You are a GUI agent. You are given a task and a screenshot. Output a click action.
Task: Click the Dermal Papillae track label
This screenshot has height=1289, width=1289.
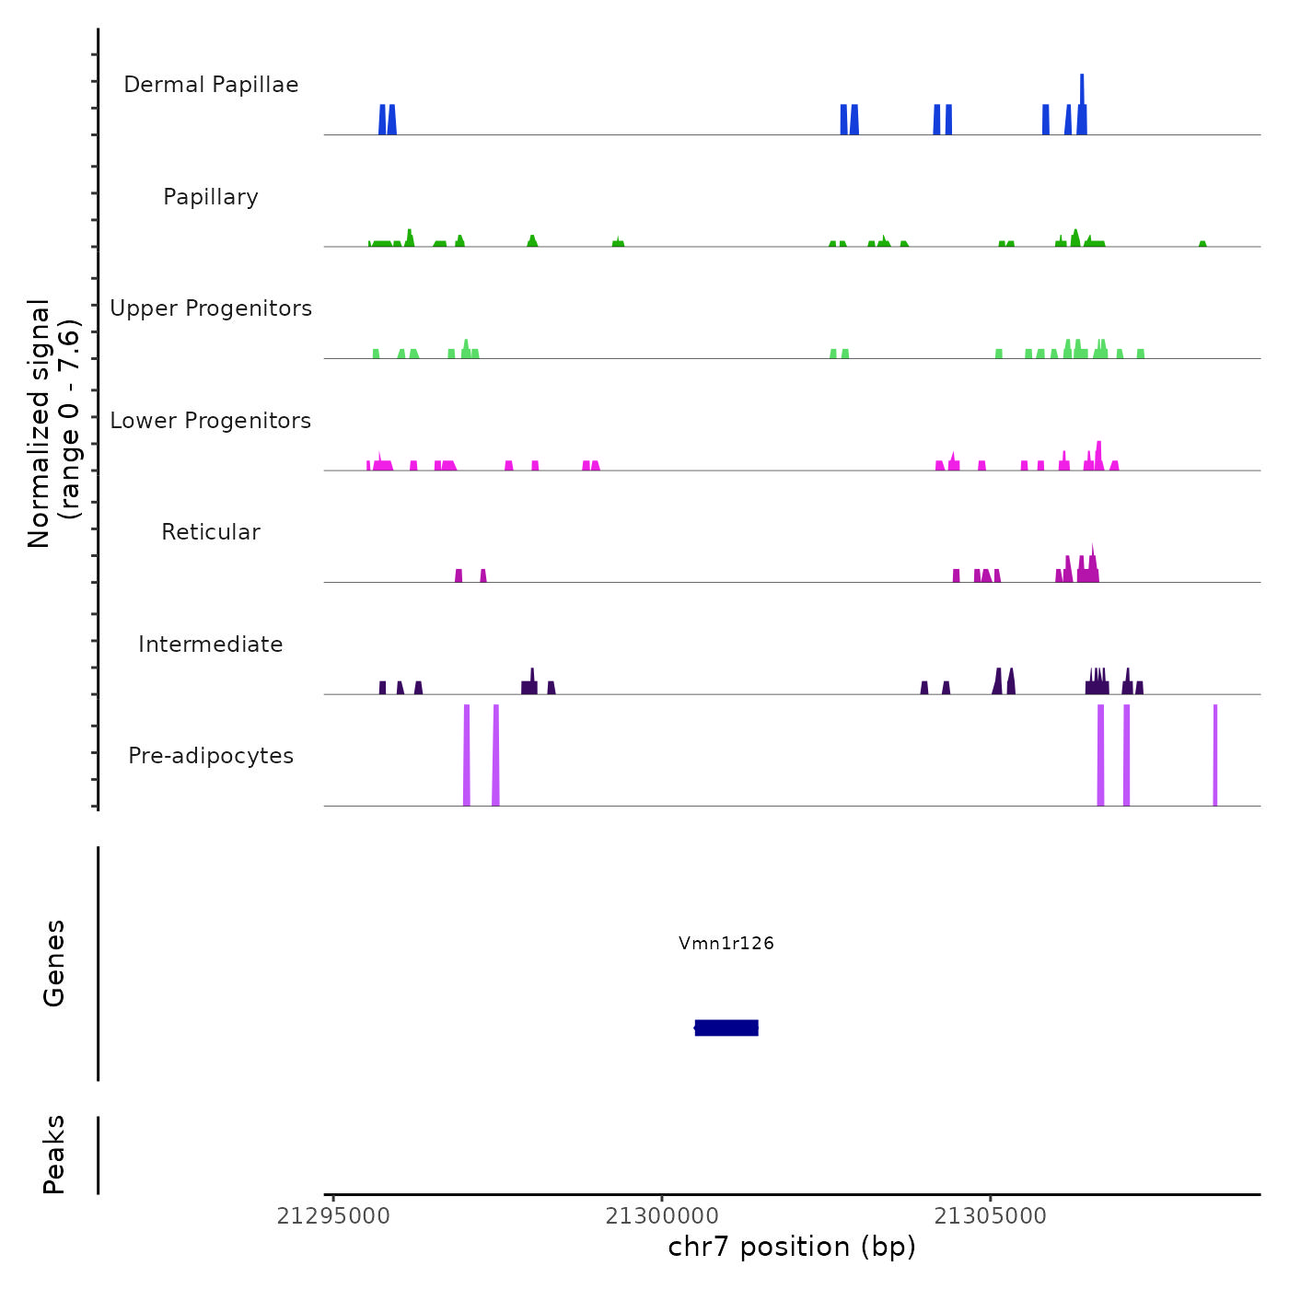211,85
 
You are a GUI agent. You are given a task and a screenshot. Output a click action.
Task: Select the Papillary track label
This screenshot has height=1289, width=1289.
211,197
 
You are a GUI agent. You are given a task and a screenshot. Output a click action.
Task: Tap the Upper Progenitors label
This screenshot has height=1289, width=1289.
211,308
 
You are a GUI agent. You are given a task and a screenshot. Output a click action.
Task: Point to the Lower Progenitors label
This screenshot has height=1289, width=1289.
211,421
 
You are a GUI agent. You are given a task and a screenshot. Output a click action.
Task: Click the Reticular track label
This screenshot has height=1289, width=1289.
211,532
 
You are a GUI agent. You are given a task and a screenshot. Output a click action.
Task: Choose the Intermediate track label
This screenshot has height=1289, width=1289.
211,644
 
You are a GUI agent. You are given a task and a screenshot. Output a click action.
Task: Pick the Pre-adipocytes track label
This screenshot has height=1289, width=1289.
211,756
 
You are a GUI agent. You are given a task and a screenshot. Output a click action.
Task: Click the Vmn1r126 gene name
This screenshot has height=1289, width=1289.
726,943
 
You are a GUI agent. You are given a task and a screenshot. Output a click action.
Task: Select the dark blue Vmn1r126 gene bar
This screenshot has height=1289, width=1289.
726,1028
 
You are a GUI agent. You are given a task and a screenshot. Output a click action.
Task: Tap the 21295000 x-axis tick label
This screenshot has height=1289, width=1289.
333,1216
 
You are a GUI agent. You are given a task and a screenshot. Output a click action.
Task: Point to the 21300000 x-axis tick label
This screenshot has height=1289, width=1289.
662,1216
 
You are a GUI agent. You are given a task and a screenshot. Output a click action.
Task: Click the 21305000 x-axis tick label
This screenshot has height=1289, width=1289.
991,1216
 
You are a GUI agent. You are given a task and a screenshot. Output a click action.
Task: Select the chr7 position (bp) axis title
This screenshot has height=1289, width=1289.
792,1247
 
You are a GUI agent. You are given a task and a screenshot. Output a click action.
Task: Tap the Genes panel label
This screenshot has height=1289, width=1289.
54,963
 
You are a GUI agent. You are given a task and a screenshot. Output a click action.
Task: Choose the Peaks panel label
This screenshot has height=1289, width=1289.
54,1155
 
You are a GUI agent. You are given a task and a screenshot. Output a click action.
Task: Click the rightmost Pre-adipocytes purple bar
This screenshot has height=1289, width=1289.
1215,755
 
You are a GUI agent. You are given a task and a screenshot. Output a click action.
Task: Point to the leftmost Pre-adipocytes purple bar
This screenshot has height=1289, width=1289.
467,755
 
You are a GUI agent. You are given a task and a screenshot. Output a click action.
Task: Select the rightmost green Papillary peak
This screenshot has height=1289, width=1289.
1202,244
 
